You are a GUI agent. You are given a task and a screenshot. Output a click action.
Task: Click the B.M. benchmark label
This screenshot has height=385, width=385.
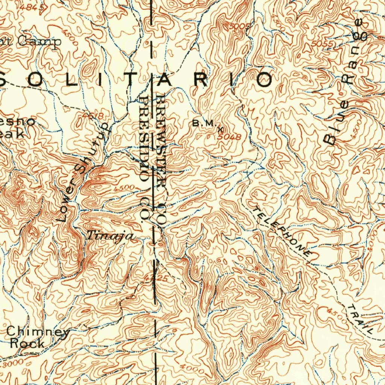(203, 123)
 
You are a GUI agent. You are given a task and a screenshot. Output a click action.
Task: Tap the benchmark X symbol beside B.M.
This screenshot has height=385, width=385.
(220, 129)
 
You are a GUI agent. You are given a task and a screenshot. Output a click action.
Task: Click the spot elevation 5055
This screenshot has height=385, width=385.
(322, 44)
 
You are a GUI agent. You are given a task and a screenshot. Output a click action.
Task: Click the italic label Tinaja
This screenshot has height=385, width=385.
(110, 236)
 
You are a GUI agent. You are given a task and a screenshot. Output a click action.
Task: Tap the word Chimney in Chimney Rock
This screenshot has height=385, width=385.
(38, 332)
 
